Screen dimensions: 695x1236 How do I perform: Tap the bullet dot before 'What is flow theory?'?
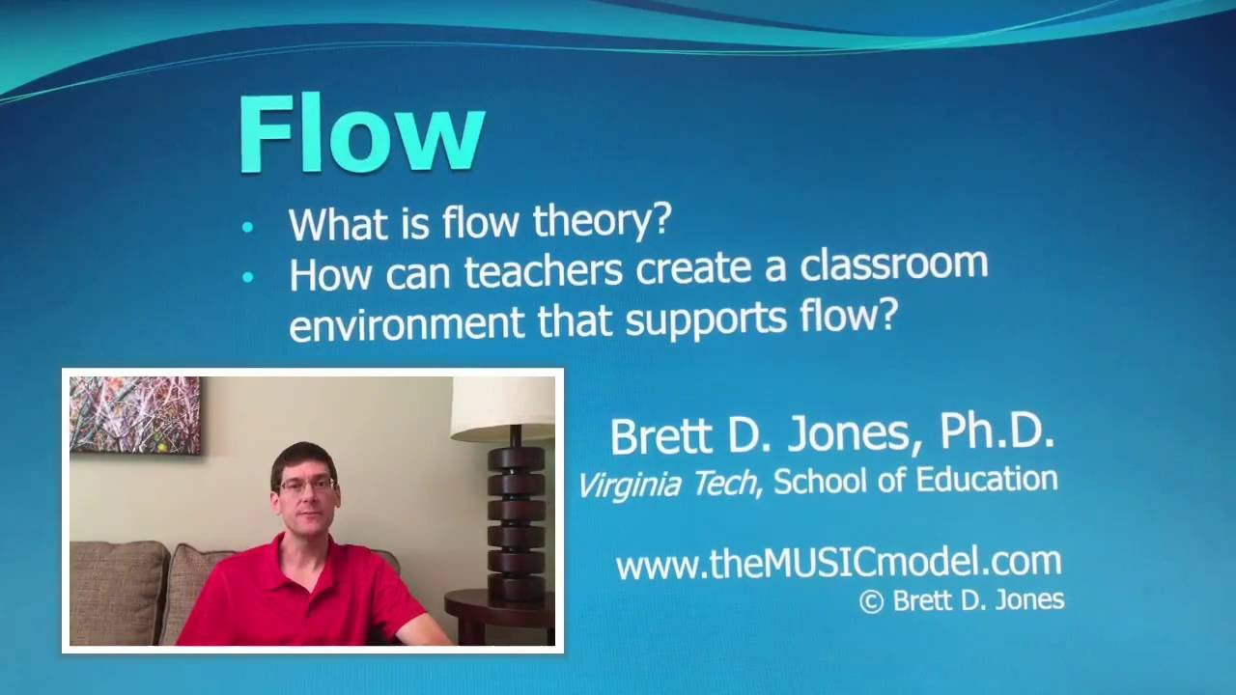pos(248,227)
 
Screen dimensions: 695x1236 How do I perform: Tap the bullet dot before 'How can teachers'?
pos(248,277)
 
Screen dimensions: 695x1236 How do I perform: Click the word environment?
pos(407,321)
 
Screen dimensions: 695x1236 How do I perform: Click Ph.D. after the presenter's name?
pos(996,433)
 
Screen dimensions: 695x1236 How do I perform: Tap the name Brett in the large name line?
pos(661,436)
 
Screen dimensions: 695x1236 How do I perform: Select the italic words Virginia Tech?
pos(668,483)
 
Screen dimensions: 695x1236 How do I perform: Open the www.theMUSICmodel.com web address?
pos(838,562)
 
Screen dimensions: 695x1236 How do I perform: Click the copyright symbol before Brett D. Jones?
pos(871,601)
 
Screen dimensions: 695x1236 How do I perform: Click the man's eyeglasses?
pos(306,485)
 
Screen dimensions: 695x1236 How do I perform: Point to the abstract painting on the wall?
pos(135,414)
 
